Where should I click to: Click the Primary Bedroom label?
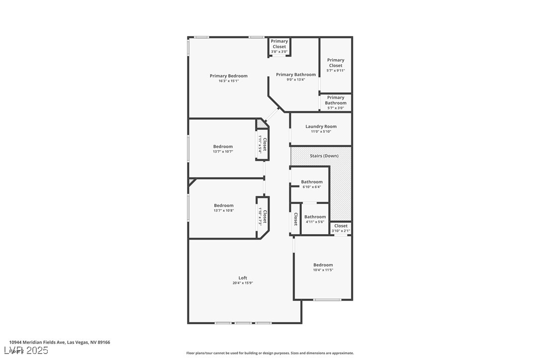[228, 76]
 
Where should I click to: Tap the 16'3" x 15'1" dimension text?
[228, 81]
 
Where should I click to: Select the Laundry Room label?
[321, 126]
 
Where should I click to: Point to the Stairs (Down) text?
[324, 156]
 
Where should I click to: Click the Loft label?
[243, 278]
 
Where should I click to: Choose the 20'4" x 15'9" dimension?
[243, 283]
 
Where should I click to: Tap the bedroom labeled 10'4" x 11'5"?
[323, 265]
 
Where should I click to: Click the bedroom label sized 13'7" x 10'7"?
[223, 146]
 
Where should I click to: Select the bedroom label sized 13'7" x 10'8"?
[224, 205]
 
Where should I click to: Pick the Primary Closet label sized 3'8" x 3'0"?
[279, 44]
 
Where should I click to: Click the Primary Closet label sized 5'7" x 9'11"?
[336, 63]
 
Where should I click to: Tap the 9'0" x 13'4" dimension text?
[296, 80]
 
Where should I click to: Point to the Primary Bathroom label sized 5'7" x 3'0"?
[336, 100]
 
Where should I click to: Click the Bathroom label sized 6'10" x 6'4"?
[312, 182]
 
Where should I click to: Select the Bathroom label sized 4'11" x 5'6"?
[315, 217]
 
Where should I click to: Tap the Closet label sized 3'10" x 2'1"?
[341, 226]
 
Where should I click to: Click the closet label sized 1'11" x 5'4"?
[265, 145]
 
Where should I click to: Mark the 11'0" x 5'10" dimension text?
[321, 132]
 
